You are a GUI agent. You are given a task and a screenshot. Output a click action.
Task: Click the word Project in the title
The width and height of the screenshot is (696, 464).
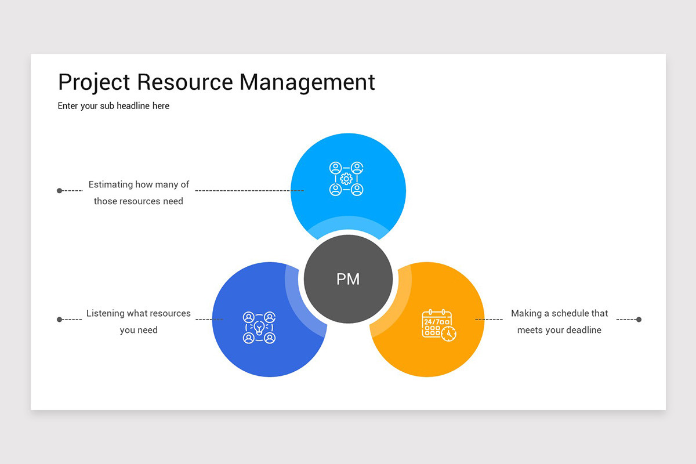95,82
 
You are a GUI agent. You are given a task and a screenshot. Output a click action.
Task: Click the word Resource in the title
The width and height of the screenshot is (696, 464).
185,82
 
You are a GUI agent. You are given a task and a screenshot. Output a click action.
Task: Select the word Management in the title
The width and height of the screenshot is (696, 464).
307,82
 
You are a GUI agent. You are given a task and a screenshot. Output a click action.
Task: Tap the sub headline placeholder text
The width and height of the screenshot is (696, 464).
114,106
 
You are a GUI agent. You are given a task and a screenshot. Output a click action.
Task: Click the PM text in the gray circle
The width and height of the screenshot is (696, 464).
348,279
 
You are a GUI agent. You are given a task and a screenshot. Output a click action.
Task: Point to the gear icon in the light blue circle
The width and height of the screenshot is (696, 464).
346,179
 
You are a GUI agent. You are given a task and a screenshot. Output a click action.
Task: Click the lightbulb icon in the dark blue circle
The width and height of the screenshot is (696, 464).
259,328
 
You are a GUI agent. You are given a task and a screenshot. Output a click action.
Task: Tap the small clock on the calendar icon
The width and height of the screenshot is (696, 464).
448,333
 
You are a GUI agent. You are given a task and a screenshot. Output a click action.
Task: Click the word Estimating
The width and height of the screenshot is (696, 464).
110,184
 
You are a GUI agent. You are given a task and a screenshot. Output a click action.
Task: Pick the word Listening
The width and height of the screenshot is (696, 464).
106,313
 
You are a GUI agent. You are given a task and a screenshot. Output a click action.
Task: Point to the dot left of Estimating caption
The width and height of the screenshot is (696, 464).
59,190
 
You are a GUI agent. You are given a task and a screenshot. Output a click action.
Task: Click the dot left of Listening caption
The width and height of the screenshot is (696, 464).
59,320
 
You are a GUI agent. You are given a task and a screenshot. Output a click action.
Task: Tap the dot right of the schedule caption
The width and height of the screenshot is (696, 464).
639,320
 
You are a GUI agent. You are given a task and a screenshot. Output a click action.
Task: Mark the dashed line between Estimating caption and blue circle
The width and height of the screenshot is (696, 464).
249,190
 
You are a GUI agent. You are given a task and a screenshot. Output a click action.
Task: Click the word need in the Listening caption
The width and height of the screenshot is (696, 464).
147,330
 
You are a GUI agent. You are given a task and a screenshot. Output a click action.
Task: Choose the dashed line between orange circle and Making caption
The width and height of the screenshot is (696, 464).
489,320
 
